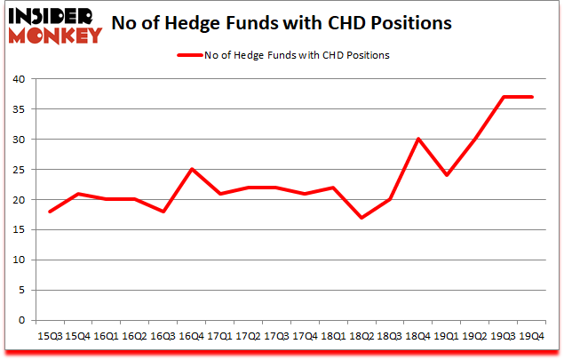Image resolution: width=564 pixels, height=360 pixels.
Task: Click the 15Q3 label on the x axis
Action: pos(49,337)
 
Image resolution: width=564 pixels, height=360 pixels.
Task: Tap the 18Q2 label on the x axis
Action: pos(361,337)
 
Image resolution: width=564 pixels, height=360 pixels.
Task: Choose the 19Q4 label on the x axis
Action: pos(532,337)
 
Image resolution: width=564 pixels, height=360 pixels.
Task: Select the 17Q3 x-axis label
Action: pos(276,337)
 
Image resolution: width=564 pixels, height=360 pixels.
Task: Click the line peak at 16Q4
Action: pos(191,169)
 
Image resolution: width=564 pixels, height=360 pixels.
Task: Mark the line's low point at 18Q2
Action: pos(361,218)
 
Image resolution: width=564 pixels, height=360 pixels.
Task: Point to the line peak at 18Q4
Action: pos(418,139)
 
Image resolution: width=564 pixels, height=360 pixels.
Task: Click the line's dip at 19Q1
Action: pos(447,175)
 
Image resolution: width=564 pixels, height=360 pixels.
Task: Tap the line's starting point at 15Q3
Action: pos(49,212)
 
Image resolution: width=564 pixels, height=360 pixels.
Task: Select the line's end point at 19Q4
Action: pos(532,97)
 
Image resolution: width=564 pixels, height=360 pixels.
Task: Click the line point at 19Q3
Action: pos(504,97)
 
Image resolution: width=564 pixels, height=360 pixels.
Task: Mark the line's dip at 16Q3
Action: pos(163,212)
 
